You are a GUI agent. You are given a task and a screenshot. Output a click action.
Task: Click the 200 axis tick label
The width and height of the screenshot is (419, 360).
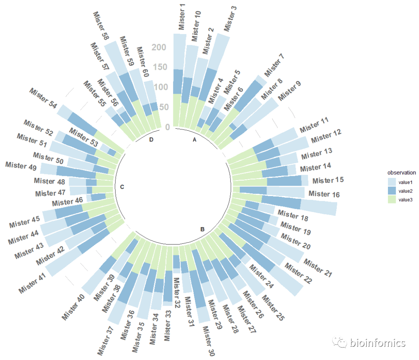click(159, 48)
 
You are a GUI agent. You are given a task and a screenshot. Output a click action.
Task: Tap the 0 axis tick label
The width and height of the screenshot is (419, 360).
click(168, 127)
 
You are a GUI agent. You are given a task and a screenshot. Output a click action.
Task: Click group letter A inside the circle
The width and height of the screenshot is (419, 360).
click(195, 140)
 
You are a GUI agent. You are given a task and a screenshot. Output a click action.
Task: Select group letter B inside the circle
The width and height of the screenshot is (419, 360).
click(202, 229)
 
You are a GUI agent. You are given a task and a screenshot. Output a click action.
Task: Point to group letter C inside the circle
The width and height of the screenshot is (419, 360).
click(122, 187)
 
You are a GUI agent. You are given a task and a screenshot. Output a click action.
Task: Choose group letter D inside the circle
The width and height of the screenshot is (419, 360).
click(151, 140)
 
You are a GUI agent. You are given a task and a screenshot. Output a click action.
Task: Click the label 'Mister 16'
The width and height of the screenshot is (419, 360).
click(324, 194)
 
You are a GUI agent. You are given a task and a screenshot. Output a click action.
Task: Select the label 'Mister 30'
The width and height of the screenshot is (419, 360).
click(208, 340)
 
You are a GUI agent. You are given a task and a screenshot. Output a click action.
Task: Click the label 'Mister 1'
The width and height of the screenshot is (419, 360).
click(182, 16)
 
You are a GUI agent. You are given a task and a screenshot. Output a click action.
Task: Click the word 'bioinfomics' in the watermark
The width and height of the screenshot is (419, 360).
click(377, 343)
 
